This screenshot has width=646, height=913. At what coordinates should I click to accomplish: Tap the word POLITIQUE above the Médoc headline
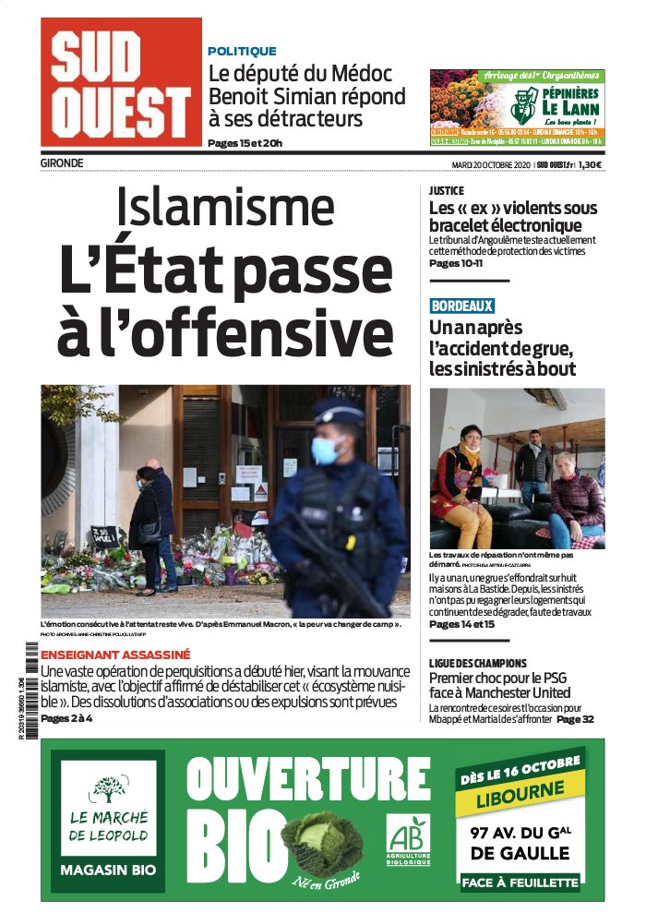coord(242,52)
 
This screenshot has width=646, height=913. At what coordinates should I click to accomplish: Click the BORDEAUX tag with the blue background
coord(461,306)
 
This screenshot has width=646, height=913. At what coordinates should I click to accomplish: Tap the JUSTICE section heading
coord(447,191)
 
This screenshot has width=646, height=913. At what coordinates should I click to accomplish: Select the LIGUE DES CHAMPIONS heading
coord(478,663)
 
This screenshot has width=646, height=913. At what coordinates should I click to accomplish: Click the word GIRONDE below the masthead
coord(62,163)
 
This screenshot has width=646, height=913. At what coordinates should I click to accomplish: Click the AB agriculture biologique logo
coord(408,839)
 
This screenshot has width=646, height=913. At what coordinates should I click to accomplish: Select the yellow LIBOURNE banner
coord(520,799)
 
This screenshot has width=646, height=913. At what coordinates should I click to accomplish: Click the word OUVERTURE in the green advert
coord(295,779)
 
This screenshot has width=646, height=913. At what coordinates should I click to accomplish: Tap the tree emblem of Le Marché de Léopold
coord(109,788)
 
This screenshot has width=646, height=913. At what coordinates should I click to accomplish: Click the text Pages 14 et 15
coord(461,624)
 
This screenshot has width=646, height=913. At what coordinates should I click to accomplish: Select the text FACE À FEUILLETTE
coord(520,882)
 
